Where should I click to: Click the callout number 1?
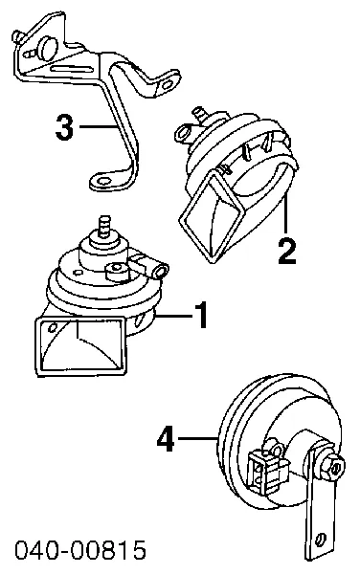click(x=201, y=315)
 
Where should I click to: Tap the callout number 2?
click(x=286, y=251)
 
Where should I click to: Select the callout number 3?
click(x=64, y=126)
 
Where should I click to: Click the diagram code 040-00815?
click(x=80, y=549)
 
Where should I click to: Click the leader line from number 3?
click(x=98, y=126)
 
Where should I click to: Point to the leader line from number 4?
click(x=198, y=437)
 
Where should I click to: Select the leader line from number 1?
click(x=173, y=315)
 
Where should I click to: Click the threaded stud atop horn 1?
click(x=104, y=225)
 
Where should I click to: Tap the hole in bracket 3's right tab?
click(x=167, y=86)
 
